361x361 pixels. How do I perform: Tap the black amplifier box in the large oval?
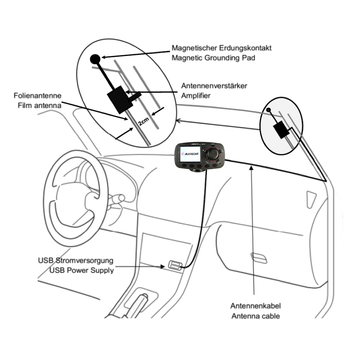point(119,100)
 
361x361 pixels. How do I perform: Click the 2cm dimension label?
point(143,122)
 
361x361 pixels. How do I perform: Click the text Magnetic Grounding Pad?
point(213,57)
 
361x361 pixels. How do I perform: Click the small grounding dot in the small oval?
point(268,109)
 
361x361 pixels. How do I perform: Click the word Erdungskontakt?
point(245,48)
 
